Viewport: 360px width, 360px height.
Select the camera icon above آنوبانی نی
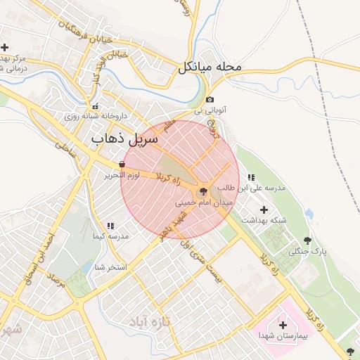click(x=210, y=100)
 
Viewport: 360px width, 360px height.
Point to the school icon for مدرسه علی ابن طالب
click(x=252, y=177)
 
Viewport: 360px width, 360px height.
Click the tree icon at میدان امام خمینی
click(x=203, y=191)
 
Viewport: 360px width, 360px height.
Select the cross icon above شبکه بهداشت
click(x=264, y=210)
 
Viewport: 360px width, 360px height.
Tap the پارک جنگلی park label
click(x=311, y=250)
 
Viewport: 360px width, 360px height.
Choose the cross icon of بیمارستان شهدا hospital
click(x=283, y=325)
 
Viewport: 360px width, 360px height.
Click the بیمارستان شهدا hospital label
click(x=283, y=335)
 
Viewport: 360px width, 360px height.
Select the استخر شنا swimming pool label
click(x=112, y=267)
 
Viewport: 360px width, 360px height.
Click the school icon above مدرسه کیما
click(x=110, y=226)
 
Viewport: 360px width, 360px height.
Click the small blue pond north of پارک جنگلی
click(x=309, y=214)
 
